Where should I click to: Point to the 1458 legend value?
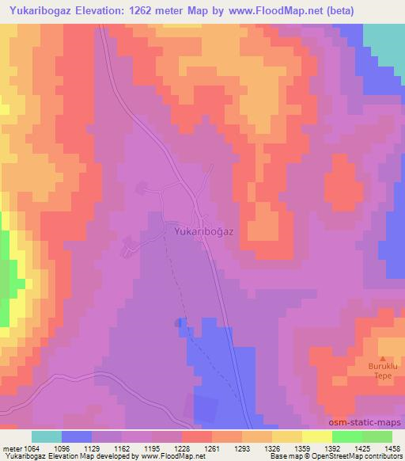392,450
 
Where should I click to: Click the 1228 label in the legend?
183,450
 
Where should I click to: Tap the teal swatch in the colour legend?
46,436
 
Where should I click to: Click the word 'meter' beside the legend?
11,450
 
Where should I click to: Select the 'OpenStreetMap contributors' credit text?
357,457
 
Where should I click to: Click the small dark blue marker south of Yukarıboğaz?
178,322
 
